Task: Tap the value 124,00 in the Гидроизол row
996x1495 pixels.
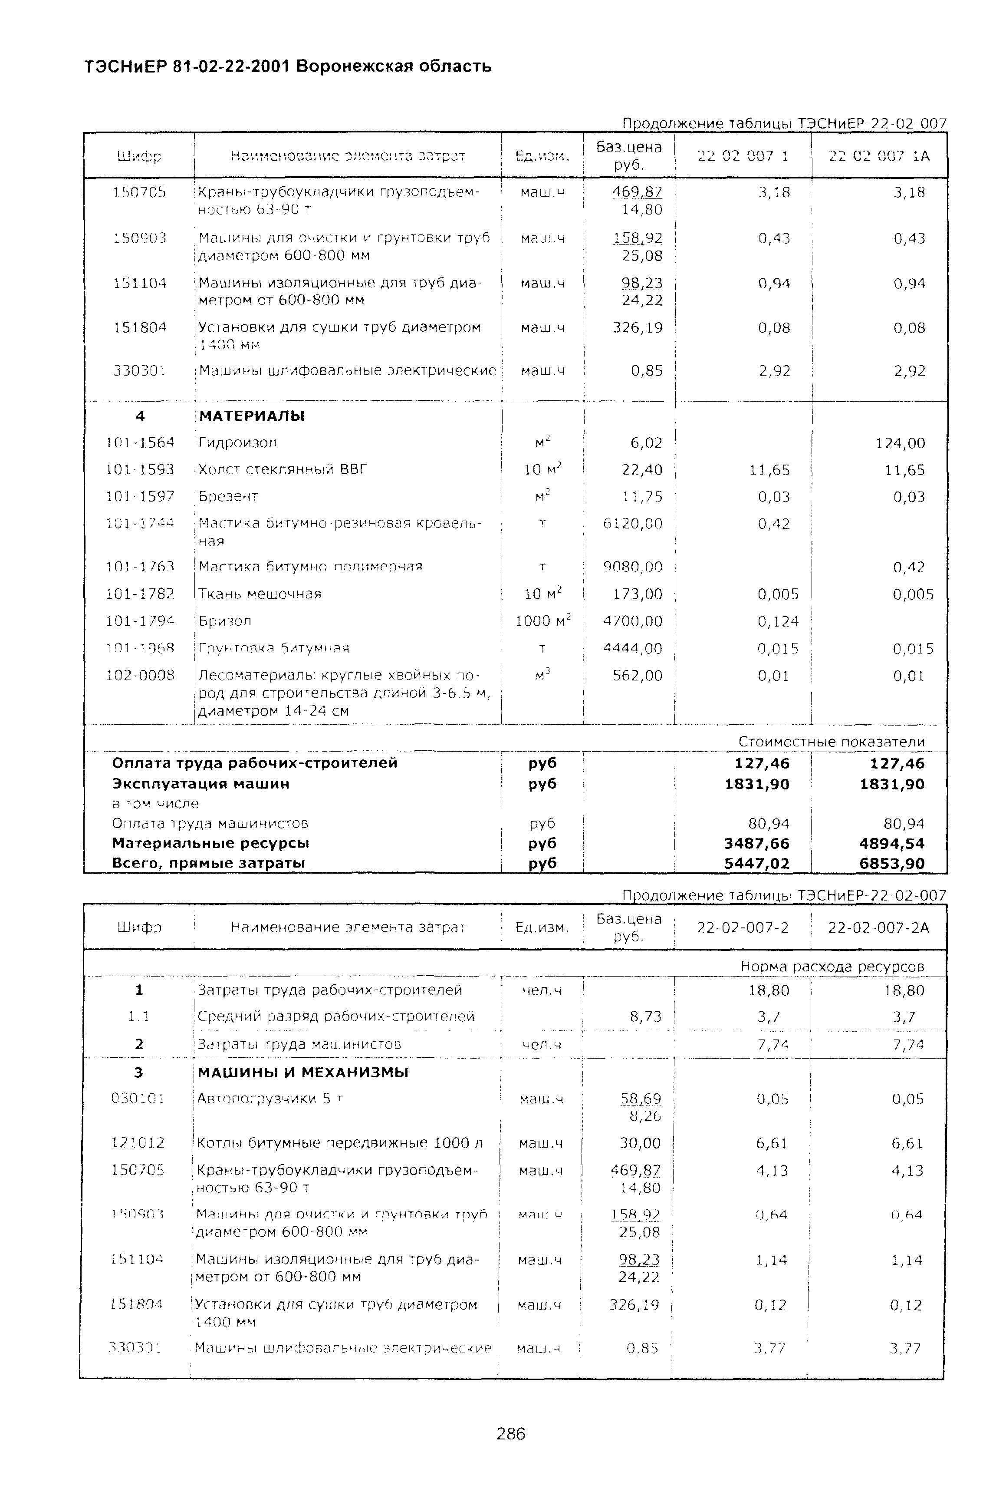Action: click(900, 443)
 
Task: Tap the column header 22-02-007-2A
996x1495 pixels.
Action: click(878, 927)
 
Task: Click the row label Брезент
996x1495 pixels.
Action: click(228, 496)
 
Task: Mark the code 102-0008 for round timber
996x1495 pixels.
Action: click(140, 675)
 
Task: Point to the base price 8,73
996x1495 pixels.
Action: click(645, 1016)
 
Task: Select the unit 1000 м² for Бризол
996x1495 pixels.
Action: click(543, 621)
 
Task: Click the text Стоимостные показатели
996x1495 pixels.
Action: click(831, 742)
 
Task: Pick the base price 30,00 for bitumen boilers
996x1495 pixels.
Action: click(640, 1143)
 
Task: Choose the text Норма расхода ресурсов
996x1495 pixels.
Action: click(832, 967)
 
